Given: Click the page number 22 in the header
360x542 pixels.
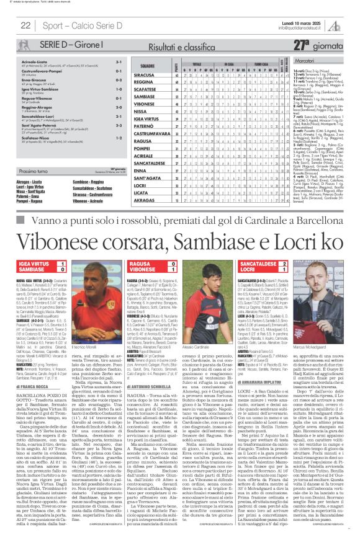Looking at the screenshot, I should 27,25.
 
